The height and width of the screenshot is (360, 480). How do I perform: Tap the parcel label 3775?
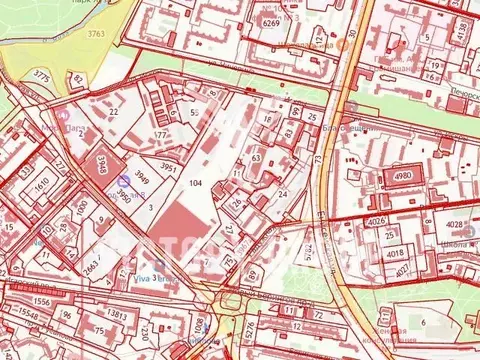pyautogui.click(x=41, y=76)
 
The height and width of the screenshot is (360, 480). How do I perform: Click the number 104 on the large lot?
pyautogui.click(x=195, y=184)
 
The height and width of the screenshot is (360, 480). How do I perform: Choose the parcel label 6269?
pyautogui.click(x=270, y=21)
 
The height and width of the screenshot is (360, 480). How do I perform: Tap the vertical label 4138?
pyautogui.click(x=462, y=31)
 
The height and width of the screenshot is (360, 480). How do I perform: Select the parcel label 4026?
pyautogui.click(x=375, y=221)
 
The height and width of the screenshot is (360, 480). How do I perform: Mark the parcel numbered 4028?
pyautogui.click(x=453, y=224)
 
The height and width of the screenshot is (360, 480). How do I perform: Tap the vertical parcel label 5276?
pyautogui.click(x=248, y=329)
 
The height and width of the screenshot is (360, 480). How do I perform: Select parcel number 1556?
pyautogui.click(x=14, y=300)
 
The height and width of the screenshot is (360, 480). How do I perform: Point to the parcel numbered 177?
pyautogui.click(x=160, y=133)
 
